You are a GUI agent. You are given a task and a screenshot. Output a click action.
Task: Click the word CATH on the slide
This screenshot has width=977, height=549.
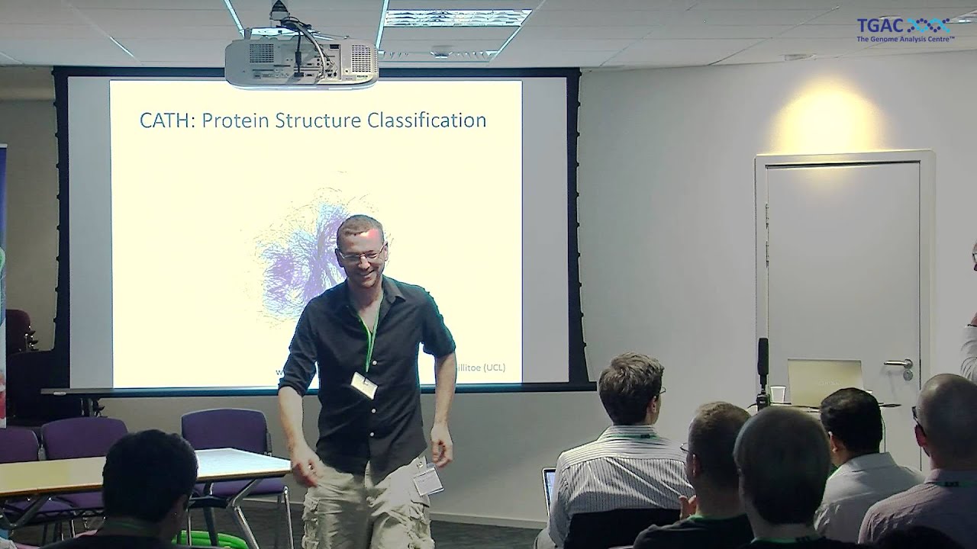click(165, 120)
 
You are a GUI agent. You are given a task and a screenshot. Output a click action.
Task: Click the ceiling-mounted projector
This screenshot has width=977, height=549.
click(301, 61)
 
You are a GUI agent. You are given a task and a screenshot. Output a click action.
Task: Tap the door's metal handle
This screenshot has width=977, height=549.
click(899, 363)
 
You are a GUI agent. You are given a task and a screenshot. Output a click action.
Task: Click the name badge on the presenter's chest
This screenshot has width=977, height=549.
click(364, 385)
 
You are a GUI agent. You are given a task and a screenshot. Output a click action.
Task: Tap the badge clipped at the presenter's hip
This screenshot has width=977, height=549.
click(427, 480)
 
